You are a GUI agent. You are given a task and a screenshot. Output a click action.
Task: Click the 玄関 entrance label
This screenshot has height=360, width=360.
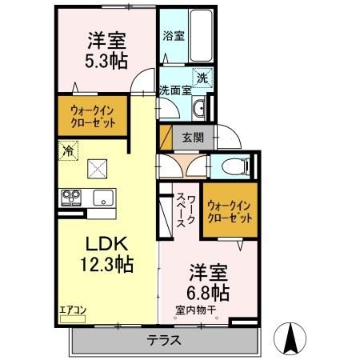coord(192,138)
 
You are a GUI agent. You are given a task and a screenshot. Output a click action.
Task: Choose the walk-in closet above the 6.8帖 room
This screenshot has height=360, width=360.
coord(230,210)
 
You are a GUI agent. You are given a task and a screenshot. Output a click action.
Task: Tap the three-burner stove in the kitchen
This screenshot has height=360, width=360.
coord(71,197)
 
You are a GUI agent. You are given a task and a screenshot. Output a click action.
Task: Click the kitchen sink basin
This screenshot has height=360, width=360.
coord(104,197)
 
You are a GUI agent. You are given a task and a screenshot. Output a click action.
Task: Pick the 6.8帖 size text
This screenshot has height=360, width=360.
coord(210,289)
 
